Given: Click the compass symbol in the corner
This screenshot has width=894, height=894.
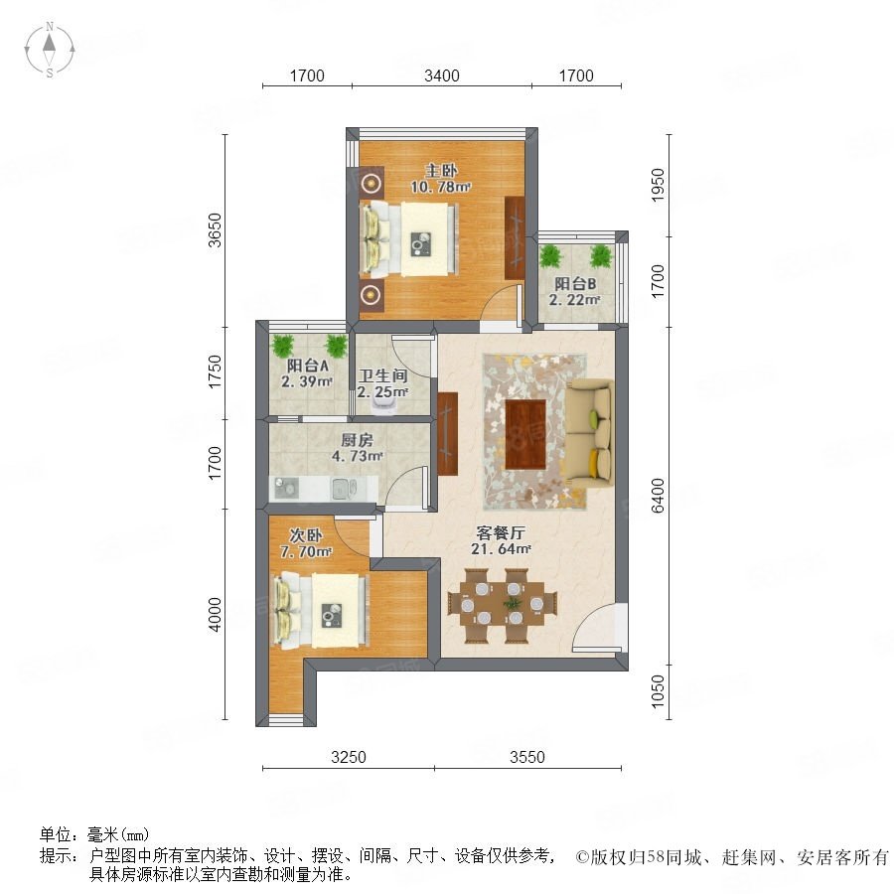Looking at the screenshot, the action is pos(50,50).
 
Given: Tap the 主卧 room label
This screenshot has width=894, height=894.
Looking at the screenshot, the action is pos(441,170).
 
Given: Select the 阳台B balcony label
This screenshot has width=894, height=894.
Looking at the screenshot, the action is pos(575,283).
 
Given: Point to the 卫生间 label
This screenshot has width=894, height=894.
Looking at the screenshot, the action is pos(382,375).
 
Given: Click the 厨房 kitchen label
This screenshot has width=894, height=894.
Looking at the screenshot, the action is pos(357,440).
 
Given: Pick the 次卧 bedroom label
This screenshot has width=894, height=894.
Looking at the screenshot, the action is pos(306,535).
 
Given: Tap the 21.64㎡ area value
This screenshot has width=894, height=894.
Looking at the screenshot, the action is pos(501,549).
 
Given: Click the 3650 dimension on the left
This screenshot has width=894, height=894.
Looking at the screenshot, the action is pos(215,229).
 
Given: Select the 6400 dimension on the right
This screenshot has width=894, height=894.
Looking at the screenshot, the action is pos(658,496).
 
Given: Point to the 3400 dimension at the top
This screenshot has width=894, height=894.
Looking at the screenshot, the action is pos(442,75).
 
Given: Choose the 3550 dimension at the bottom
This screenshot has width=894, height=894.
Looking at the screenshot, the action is pos(527,757).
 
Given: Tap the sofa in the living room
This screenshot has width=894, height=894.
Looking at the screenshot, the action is pos(590,435).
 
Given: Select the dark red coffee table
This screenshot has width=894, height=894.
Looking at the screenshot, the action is pos(525,434).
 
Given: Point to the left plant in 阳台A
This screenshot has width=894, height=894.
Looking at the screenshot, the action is pos(283,345).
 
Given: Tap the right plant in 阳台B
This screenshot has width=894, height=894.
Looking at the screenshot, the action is pos(601,256).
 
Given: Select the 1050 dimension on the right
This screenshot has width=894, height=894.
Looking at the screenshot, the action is pos(658,691).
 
